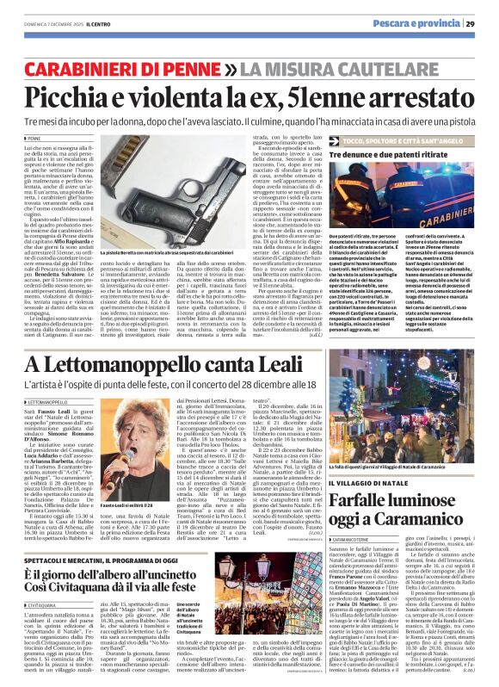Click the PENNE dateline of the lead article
34,139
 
